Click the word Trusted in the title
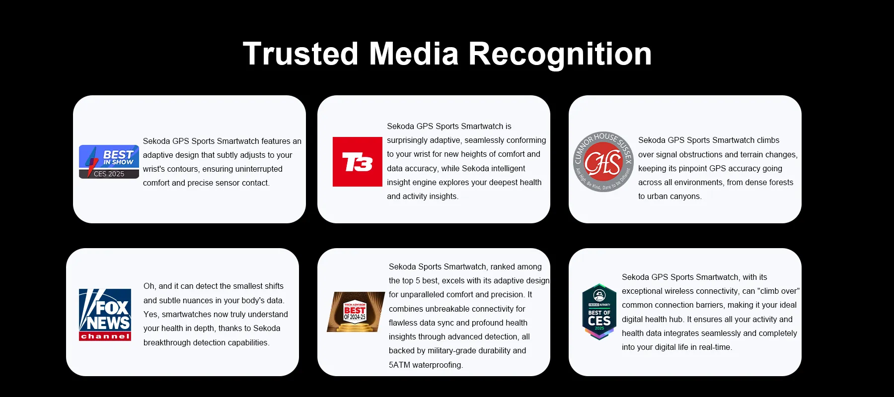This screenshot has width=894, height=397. [x=300, y=54]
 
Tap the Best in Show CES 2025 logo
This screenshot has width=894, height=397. [x=109, y=162]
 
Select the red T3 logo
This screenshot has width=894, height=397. [x=358, y=162]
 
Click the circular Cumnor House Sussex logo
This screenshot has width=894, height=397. [x=603, y=162]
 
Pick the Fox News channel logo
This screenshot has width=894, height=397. [x=105, y=315]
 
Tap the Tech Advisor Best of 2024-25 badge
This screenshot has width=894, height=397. [x=356, y=312]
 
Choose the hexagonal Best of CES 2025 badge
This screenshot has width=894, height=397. [x=599, y=312]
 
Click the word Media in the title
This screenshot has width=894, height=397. [x=414, y=54]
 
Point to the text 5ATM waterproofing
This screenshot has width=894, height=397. [x=426, y=365]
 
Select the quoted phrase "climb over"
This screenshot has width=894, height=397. [x=778, y=291]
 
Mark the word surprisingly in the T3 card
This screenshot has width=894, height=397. [x=410, y=140]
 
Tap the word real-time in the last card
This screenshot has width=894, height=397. [x=715, y=347]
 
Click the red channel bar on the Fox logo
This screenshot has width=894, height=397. [x=105, y=336]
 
